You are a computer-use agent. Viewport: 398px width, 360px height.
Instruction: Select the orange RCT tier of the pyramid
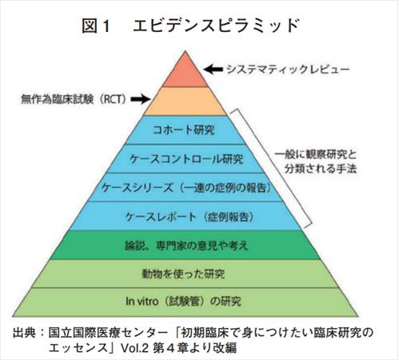click(185, 101)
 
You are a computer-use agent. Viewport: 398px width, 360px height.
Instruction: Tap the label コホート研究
click(184, 130)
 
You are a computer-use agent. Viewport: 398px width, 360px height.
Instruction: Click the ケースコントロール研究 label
click(186, 159)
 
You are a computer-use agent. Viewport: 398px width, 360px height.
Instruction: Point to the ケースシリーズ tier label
click(186, 188)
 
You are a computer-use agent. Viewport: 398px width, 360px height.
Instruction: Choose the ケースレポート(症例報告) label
click(189, 217)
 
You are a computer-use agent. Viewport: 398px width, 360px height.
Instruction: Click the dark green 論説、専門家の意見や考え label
click(187, 246)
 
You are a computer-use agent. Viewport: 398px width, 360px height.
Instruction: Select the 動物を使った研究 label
click(184, 274)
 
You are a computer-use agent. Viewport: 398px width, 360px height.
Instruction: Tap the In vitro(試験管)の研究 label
click(184, 302)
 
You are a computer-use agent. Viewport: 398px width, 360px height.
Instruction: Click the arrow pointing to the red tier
click(213, 69)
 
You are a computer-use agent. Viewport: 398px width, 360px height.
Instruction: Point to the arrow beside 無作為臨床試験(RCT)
click(141, 99)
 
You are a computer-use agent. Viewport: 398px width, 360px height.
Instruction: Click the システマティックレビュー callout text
click(288, 70)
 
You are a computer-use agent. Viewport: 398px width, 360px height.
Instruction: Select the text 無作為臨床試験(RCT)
click(74, 99)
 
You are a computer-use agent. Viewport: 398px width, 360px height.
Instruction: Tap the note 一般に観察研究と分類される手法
click(316, 162)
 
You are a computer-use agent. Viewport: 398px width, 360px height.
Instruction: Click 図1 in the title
click(96, 26)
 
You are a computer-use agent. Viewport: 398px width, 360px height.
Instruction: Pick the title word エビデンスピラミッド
click(216, 26)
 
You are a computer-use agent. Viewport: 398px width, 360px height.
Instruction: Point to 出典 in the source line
click(24, 333)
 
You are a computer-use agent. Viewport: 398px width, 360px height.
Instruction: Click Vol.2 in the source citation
click(134, 348)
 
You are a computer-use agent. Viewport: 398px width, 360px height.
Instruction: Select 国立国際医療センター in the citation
click(108, 333)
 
